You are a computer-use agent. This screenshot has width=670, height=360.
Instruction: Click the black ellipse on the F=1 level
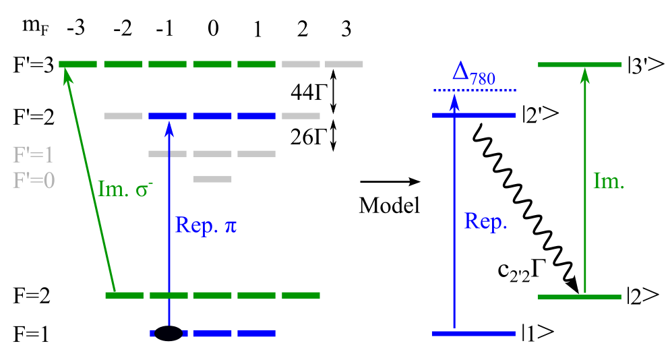point(169,333)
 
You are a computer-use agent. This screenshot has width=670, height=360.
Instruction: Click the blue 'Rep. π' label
point(206,224)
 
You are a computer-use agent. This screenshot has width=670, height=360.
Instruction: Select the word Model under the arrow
point(389,206)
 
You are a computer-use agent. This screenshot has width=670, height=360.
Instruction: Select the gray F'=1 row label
point(33,155)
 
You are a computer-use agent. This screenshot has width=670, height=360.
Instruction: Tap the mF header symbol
point(31,29)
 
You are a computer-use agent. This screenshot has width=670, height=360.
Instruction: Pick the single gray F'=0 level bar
point(212,179)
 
